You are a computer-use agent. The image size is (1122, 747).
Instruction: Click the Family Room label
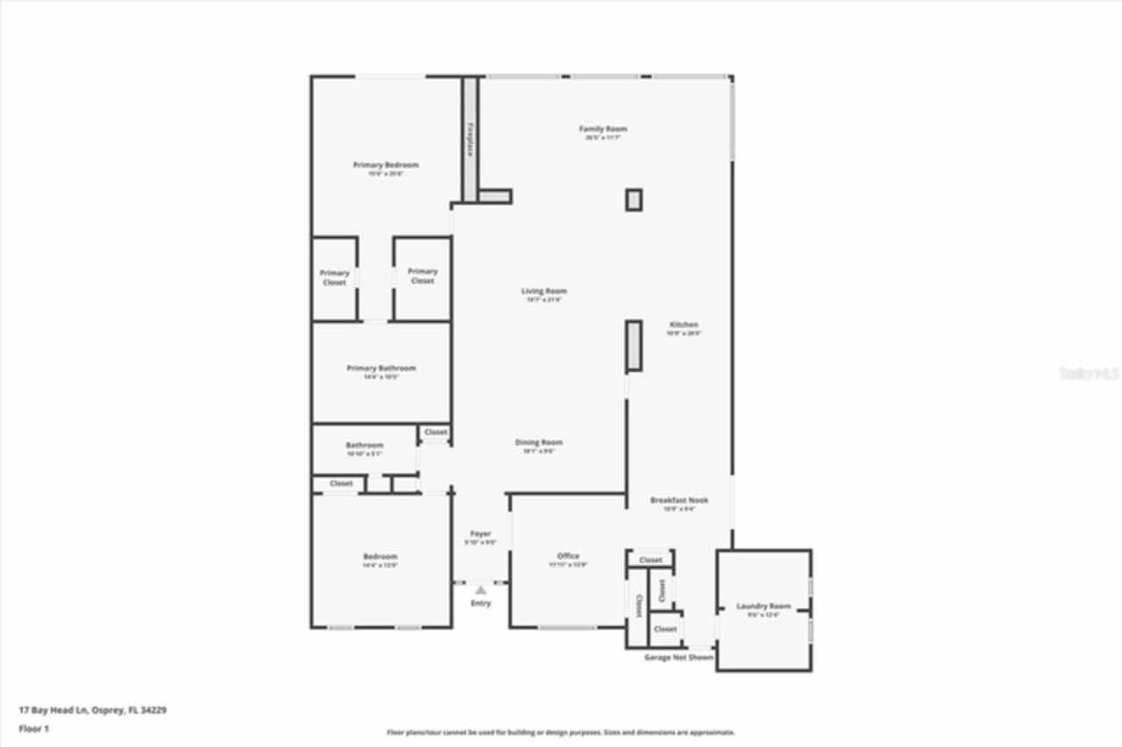[603, 129]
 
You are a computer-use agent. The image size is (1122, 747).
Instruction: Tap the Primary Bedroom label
[386, 165]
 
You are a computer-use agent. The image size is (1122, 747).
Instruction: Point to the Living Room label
[544, 291]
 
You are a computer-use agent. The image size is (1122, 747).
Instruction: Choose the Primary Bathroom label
[381, 368]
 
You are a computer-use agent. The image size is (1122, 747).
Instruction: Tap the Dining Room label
[538, 443]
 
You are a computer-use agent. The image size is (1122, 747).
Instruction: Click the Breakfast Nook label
[679, 500]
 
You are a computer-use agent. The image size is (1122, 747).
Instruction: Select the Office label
[568, 556]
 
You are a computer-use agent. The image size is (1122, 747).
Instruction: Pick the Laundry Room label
[763, 606]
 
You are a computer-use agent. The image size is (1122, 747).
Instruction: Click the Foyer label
[480, 534]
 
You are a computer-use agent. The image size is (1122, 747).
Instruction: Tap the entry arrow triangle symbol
[480, 590]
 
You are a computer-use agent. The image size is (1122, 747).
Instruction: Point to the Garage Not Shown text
[678, 657]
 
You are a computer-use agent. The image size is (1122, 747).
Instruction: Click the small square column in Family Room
[634, 200]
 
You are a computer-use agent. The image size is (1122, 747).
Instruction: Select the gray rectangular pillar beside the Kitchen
[634, 345]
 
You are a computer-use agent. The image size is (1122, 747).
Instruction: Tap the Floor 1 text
[33, 729]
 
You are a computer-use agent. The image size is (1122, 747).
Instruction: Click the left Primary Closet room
[334, 278]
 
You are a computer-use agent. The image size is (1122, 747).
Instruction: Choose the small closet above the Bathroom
[436, 432]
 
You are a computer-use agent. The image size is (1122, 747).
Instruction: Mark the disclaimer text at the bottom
[561, 732]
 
